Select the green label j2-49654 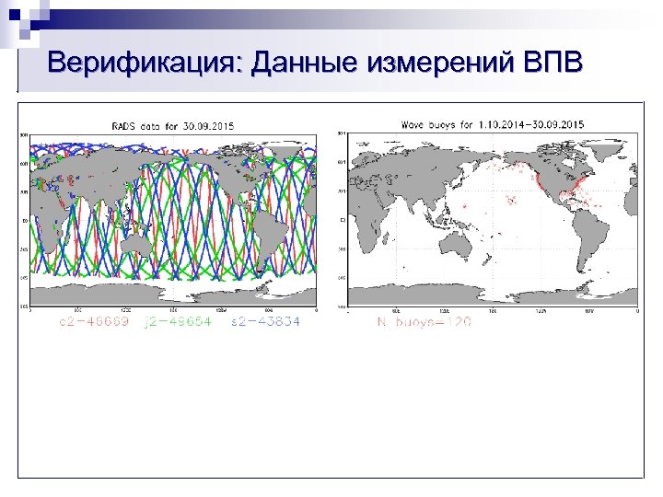point(176,322)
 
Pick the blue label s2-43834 point(266,322)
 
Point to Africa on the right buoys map point(368,216)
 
